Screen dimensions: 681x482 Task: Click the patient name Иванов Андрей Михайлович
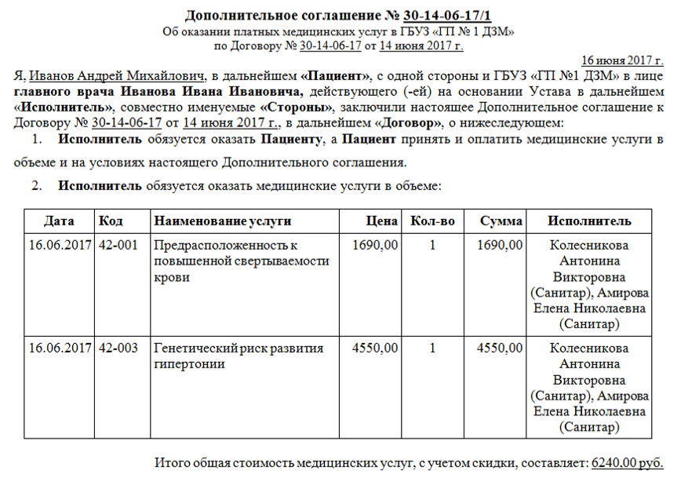[115, 76]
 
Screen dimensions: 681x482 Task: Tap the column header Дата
[60, 221]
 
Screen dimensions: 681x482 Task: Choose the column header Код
[111, 221]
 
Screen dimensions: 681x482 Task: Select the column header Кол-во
[432, 221]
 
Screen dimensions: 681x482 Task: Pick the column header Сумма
[501, 221]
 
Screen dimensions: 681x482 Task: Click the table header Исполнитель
[588, 221]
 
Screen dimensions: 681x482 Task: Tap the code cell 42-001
[118, 245]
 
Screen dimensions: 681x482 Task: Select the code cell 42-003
[118, 348]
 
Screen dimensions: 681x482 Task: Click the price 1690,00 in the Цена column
[375, 245]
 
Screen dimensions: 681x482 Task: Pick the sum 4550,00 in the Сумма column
[500, 348]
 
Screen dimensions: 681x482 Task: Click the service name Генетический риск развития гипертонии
[239, 356]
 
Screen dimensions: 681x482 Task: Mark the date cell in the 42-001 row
[60, 245]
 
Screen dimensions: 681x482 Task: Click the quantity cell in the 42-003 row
[432, 348]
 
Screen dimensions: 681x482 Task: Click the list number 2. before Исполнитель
[36, 186]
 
